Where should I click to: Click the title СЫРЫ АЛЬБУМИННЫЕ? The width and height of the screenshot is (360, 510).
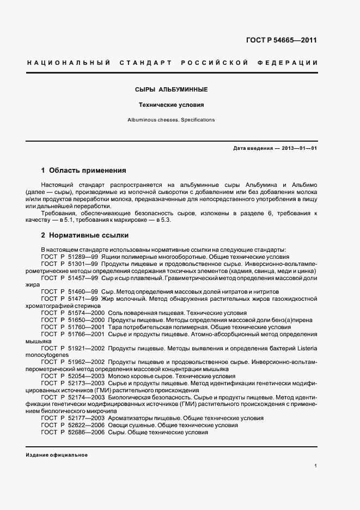[x=171, y=89]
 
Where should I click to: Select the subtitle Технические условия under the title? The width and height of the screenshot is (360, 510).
[x=171, y=105]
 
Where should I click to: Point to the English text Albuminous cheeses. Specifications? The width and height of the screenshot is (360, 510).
[x=171, y=119]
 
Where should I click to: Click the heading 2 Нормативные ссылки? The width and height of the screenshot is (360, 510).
[x=85, y=235]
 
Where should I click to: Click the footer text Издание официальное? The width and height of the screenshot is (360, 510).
[x=57, y=454]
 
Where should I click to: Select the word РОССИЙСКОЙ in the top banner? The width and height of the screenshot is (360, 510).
[x=217, y=63]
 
